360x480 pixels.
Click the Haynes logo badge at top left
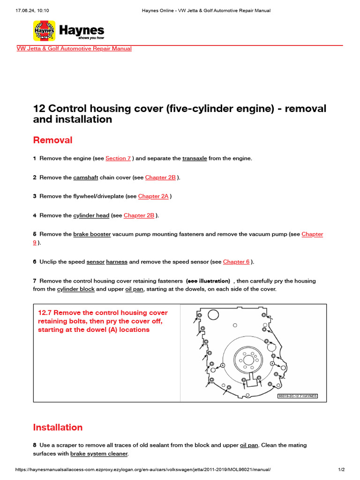click(x=45, y=31)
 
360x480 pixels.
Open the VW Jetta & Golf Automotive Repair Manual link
click(x=74, y=49)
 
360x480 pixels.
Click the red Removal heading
click(x=52, y=140)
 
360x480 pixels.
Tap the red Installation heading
click(x=58, y=427)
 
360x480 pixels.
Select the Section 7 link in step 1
click(x=118, y=158)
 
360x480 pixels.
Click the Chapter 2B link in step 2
click(x=160, y=178)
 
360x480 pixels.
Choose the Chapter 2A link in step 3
click(x=153, y=196)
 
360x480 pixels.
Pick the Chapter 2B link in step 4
click(x=139, y=216)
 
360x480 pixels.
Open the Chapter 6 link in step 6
click(x=236, y=262)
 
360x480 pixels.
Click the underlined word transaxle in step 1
click(x=195, y=158)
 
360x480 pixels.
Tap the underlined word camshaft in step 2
click(x=86, y=178)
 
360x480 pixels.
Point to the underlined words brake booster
click(x=92, y=234)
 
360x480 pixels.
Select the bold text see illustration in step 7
click(x=208, y=281)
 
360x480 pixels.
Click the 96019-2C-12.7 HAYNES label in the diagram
click(x=298, y=396)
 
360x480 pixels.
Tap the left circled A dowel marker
click(x=223, y=365)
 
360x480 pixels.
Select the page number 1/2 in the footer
click(x=342, y=470)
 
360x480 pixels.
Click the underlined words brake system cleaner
click(x=98, y=454)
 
